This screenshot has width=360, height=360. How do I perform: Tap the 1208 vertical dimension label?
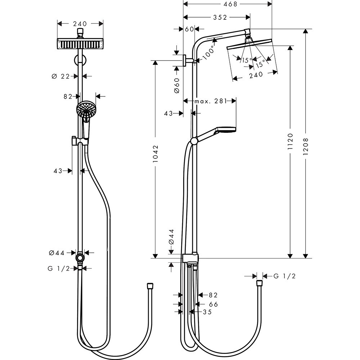306,147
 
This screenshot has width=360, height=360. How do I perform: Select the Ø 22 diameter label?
60,76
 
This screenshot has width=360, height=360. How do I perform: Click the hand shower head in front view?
85,108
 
